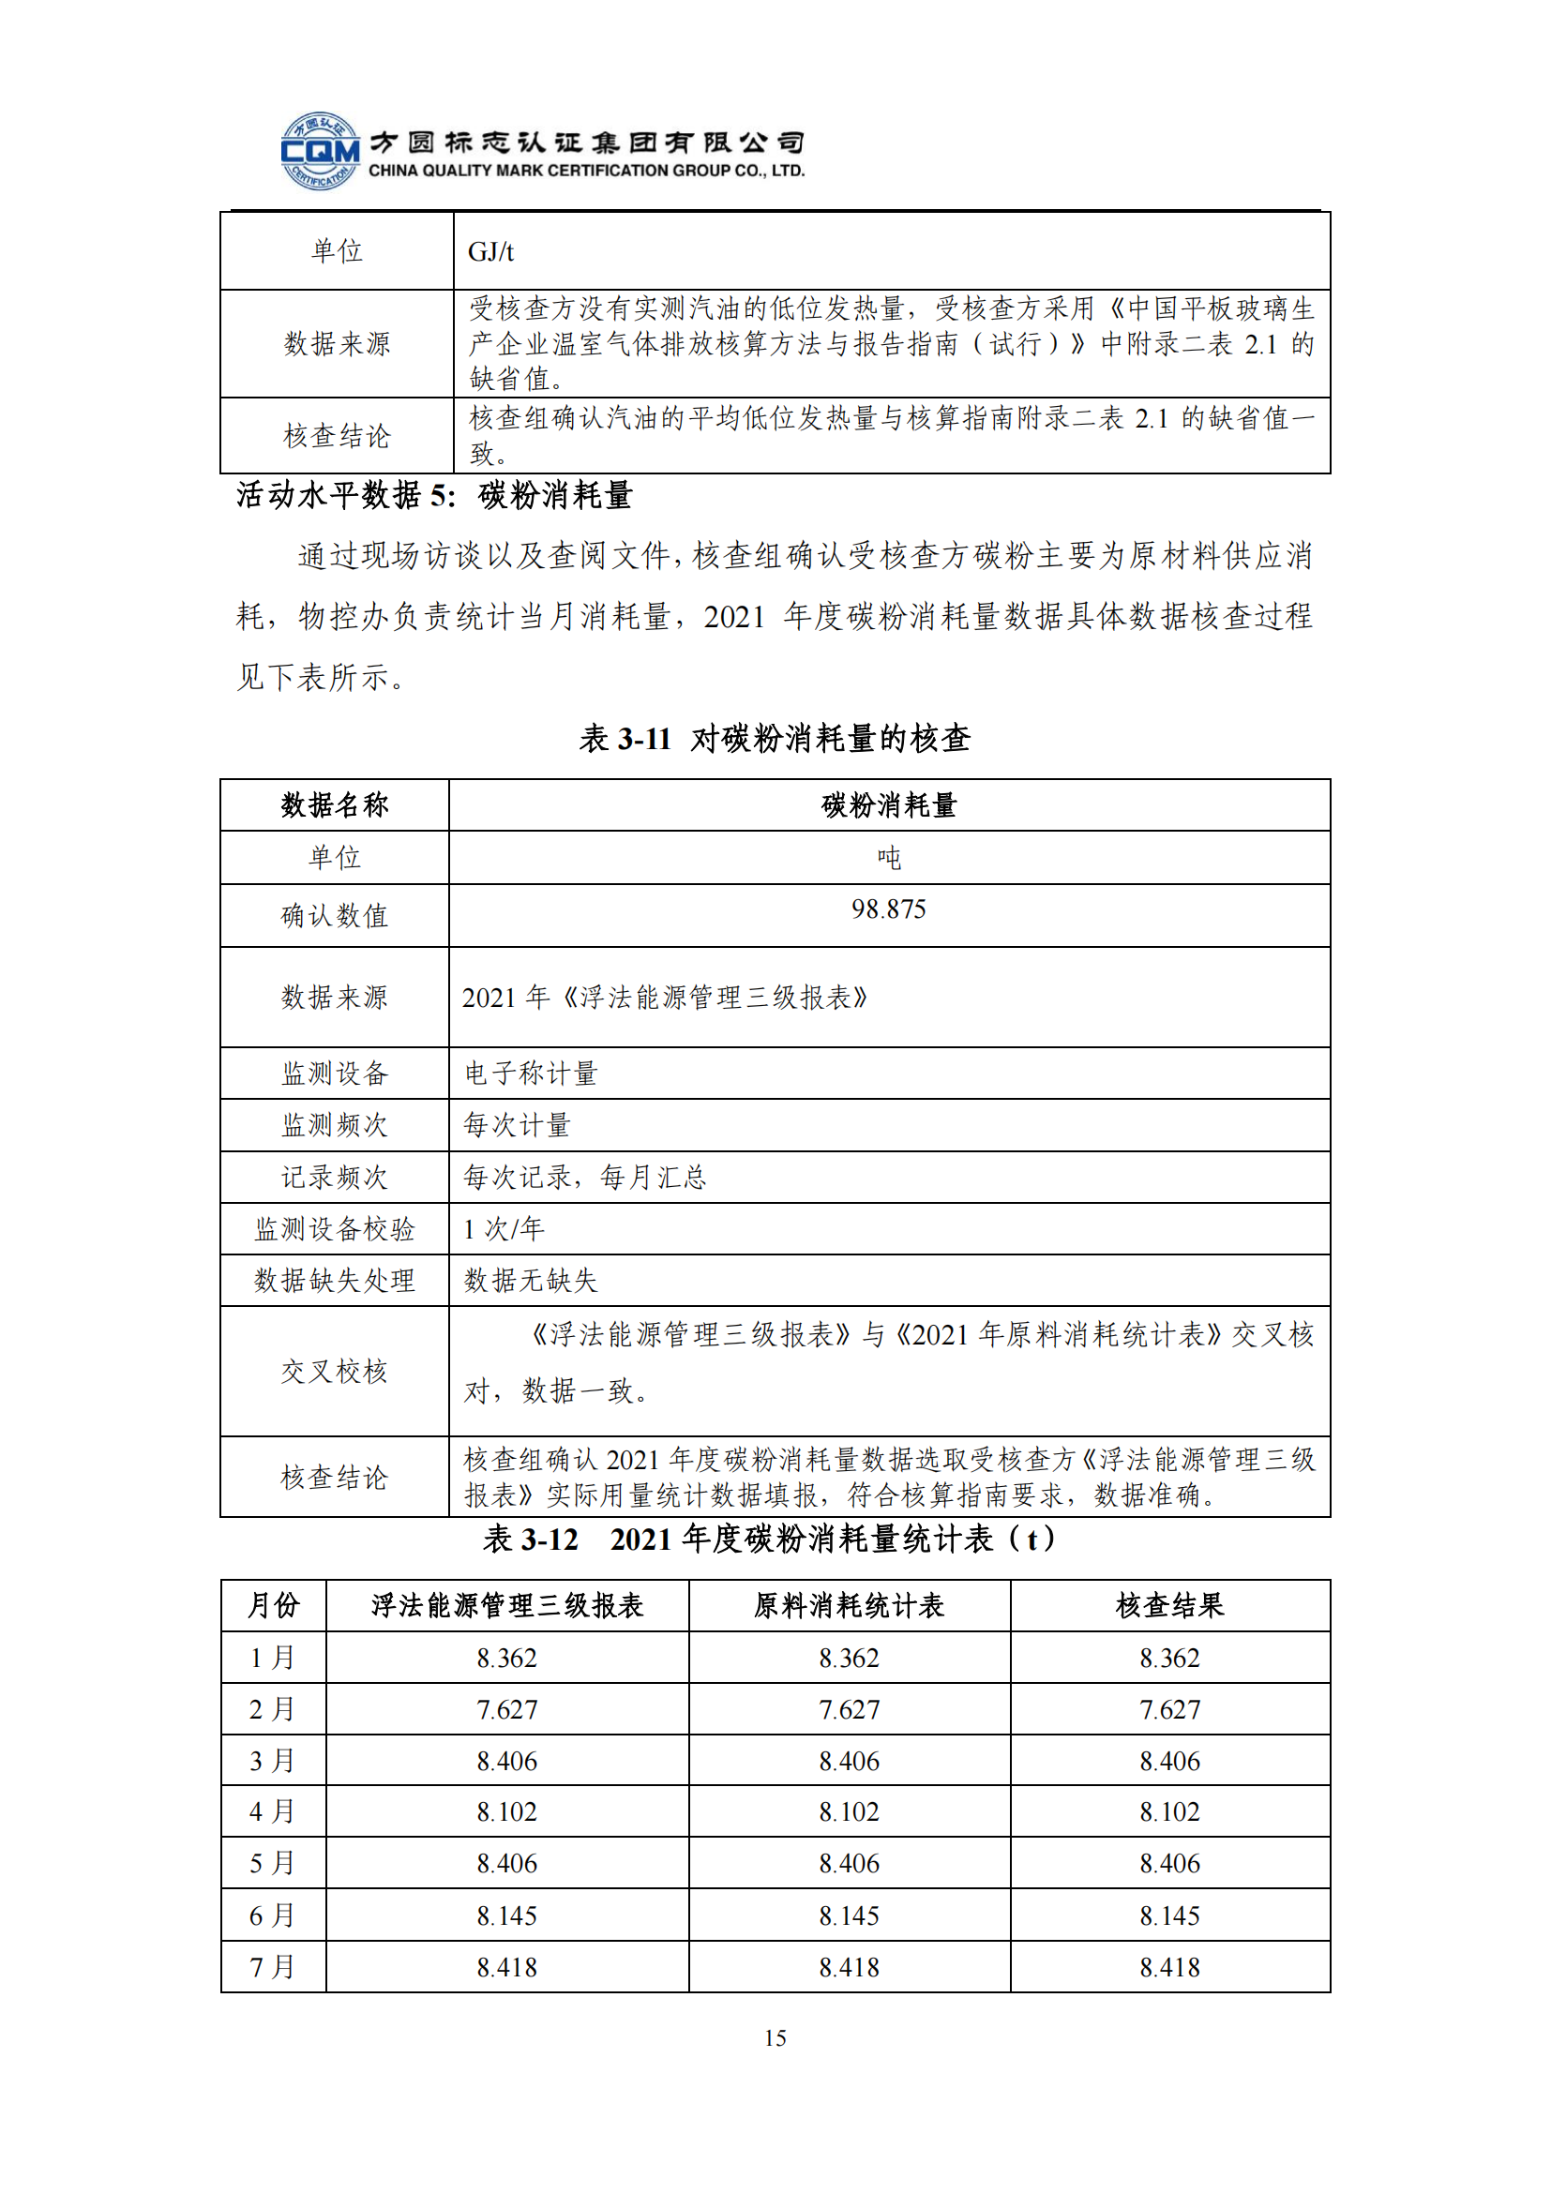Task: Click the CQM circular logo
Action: pos(320,151)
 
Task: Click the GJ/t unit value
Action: pos(490,252)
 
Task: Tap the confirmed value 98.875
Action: pos(888,909)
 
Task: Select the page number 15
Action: pos(775,2037)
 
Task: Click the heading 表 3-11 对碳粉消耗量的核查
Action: pos(775,738)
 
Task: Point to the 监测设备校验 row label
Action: pos(334,1229)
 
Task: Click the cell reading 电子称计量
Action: pos(531,1074)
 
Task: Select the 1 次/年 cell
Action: pos(504,1229)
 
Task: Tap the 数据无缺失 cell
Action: pos(531,1281)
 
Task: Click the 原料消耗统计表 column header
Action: pos(849,1605)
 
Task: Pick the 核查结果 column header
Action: pos(1170,1605)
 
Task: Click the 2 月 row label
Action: pos(272,1710)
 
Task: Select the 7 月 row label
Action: pos(272,1968)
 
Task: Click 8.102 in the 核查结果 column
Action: pos(1170,1812)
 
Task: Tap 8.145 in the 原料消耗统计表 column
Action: pos(849,1916)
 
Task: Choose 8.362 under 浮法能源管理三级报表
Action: pos(507,1659)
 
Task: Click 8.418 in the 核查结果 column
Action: pos(1170,1968)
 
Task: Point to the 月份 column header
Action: pos(273,1605)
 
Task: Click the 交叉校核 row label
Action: pos(334,1372)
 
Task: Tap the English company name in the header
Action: pos(586,171)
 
